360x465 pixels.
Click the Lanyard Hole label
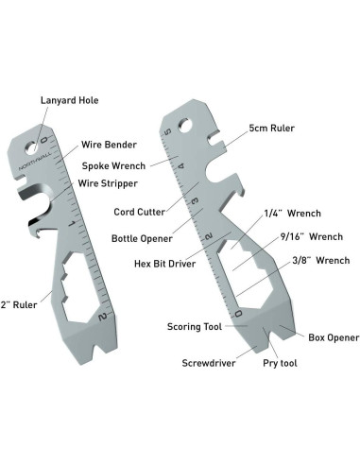[69, 100]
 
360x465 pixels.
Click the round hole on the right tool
[188, 122]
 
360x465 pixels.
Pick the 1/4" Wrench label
[288, 214]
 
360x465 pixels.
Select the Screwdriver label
[210, 362]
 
